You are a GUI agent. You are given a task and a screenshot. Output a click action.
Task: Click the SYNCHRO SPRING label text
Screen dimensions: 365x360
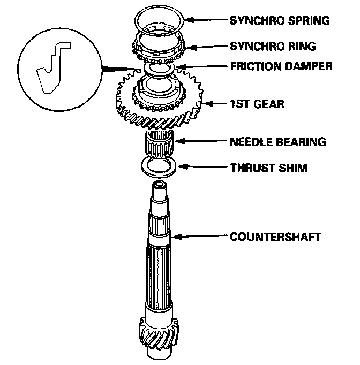(x=279, y=21)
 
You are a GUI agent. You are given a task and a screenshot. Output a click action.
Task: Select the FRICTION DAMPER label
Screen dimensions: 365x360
(x=281, y=67)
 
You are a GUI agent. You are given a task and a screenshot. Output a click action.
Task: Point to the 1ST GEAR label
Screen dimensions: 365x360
(x=256, y=103)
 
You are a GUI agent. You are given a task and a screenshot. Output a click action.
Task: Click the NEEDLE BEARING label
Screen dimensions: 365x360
(x=277, y=142)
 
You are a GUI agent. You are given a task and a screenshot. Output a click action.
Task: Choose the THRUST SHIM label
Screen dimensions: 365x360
(x=268, y=168)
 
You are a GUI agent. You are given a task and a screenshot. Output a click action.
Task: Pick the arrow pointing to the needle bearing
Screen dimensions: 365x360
(x=201, y=142)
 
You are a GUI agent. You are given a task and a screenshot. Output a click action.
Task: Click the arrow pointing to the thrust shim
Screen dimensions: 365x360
(x=201, y=168)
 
